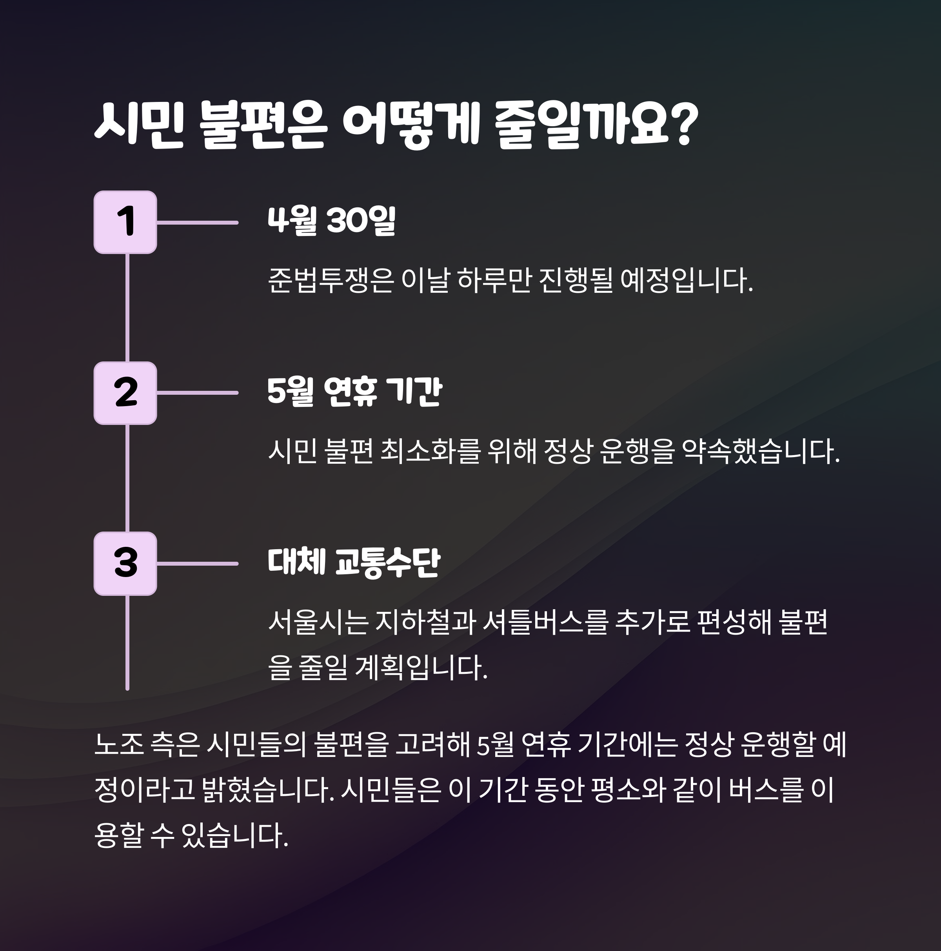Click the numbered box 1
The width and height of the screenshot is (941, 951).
pos(125,222)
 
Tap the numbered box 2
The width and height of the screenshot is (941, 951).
pos(125,393)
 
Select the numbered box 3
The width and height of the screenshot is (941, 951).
pos(125,564)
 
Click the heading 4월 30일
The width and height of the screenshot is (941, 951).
pos(331,221)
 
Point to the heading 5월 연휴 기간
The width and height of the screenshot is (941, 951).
pos(354,392)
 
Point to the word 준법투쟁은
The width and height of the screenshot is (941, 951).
pos(331,281)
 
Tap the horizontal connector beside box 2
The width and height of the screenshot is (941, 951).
pos(197,393)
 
